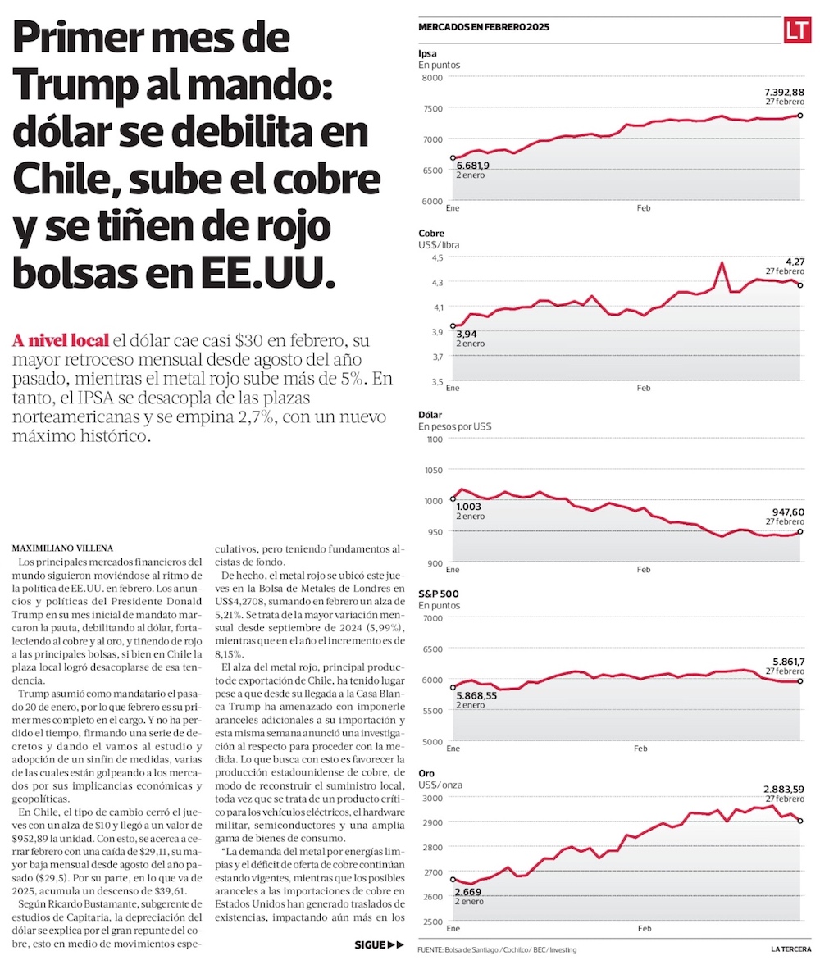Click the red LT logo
pyautogui.click(x=797, y=30)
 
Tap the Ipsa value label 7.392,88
pyautogui.click(x=784, y=92)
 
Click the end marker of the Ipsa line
pyautogui.click(x=799, y=116)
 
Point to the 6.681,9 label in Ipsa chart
pyautogui.click(x=472, y=166)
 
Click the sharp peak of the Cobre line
pyautogui.click(x=722, y=262)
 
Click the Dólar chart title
pyautogui.click(x=430, y=415)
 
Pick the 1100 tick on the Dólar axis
pyautogui.click(x=432, y=439)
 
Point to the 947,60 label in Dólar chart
pyautogui.click(x=785, y=512)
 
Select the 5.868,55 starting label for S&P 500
pyautogui.click(x=476, y=695)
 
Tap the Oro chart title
pyautogui.click(x=426, y=773)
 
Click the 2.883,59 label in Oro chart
pyautogui.click(x=782, y=788)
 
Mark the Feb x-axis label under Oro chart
pyautogui.click(x=644, y=929)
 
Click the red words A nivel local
pyautogui.click(x=61, y=339)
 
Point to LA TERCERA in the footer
pyautogui.click(x=790, y=950)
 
